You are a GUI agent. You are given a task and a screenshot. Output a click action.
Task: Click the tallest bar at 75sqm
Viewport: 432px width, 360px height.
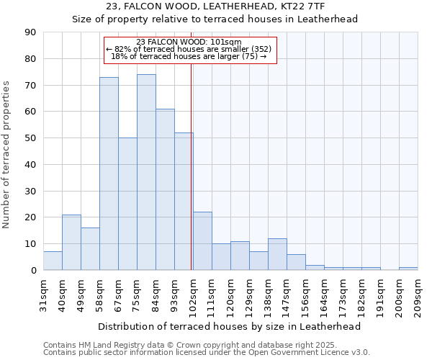(x=146, y=172)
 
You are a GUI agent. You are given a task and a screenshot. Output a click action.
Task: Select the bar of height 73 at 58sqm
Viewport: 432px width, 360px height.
(x=109, y=174)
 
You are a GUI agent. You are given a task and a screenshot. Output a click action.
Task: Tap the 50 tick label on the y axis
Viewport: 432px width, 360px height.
(x=30, y=138)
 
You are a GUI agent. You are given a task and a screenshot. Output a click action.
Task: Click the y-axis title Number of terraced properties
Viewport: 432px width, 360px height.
(x=7, y=154)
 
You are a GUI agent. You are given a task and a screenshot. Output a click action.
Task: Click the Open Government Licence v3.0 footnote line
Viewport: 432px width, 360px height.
(x=206, y=352)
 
